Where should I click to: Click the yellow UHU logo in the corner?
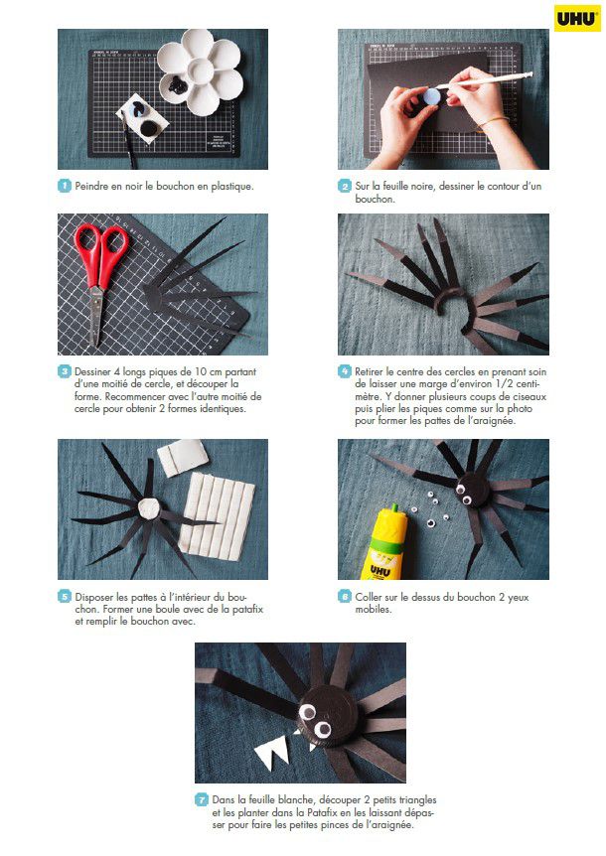coord(577,19)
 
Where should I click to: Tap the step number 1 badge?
coord(65,186)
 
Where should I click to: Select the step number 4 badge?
coord(345,371)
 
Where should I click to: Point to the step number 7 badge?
coord(202,799)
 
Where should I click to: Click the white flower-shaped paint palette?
coord(200,71)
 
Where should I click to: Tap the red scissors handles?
coord(102,253)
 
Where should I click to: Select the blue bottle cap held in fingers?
coord(432,97)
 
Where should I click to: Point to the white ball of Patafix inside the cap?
coord(148,508)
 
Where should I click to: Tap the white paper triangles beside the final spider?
coord(273,753)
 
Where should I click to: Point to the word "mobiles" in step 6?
coord(374,610)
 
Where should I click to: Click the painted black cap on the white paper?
coord(148,128)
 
